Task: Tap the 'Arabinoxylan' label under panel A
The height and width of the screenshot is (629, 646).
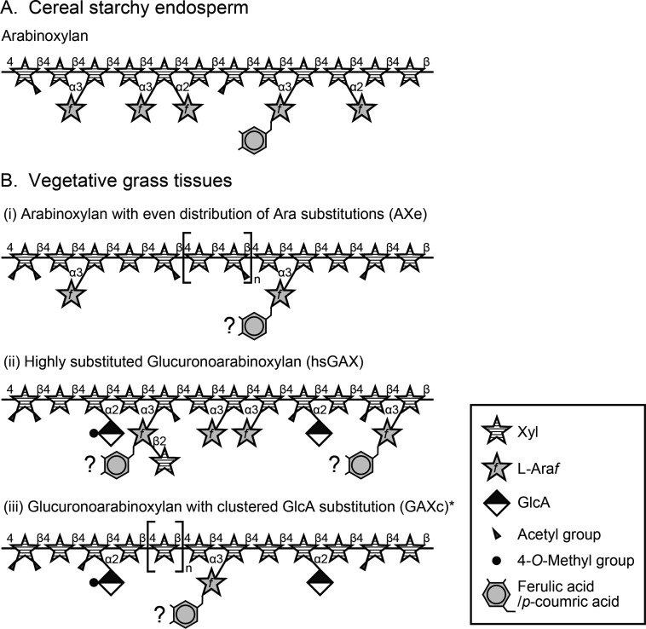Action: click(x=40, y=37)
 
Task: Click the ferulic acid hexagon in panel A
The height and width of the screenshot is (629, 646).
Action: click(x=253, y=140)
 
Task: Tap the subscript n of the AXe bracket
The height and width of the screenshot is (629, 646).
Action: click(x=255, y=278)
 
